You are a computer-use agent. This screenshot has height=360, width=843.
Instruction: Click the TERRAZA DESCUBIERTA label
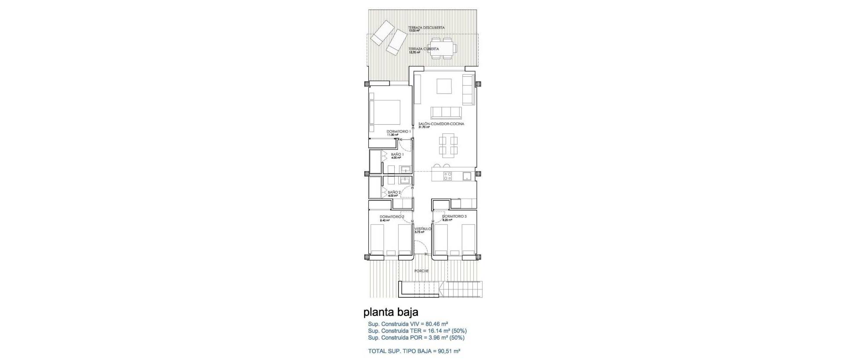point(426,28)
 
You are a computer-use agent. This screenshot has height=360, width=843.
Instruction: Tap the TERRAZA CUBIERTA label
point(423,49)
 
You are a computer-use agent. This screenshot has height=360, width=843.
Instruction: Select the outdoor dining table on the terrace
point(447,48)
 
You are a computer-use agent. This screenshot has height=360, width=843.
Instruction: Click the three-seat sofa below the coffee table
point(446,113)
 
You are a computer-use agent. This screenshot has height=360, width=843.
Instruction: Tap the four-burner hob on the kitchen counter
point(447,176)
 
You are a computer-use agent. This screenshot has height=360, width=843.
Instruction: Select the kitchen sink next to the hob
point(467,176)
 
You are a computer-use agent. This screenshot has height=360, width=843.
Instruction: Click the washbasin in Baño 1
point(98,169)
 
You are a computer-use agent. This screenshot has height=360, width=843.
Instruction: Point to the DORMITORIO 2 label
point(392,217)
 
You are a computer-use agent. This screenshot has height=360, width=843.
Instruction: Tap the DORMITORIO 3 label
point(454,216)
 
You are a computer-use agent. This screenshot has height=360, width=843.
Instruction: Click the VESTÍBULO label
point(422,229)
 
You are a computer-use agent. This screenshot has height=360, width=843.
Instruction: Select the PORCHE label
point(421,271)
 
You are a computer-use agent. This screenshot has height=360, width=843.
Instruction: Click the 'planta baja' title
point(391,312)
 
